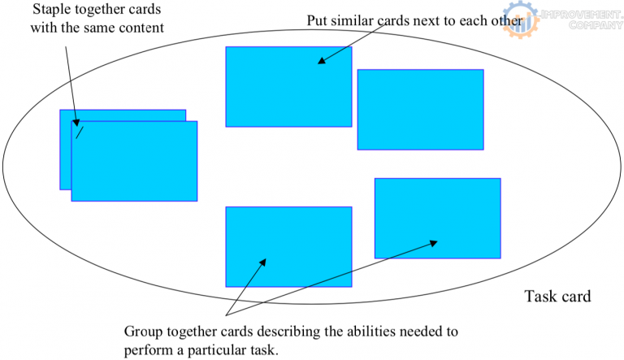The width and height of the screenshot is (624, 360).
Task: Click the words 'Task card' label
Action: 557,297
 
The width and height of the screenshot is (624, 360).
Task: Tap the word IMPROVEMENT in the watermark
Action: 578,15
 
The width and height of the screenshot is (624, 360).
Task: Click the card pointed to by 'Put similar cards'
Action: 288,86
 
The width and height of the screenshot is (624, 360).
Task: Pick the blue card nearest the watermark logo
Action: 420,110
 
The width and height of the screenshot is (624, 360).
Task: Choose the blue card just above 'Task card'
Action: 437,218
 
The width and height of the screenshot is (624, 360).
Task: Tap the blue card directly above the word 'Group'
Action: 288,246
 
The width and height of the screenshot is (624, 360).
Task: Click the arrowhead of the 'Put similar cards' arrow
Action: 321,61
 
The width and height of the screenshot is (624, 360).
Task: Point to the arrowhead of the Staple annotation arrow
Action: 77,124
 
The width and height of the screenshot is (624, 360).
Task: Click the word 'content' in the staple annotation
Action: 142,28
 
